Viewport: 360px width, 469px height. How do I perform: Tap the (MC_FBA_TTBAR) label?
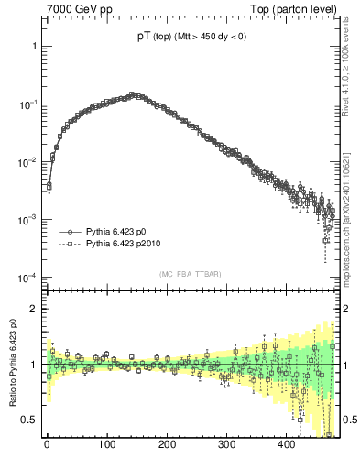coord(189,275)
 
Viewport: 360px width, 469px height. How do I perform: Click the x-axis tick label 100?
coord(106,444)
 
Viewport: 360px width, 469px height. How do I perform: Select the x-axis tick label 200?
coord(167,444)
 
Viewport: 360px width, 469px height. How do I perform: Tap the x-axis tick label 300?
coord(226,444)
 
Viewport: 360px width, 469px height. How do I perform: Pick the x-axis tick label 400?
coord(286,444)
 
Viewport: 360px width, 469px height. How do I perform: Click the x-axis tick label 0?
coord(47,444)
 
